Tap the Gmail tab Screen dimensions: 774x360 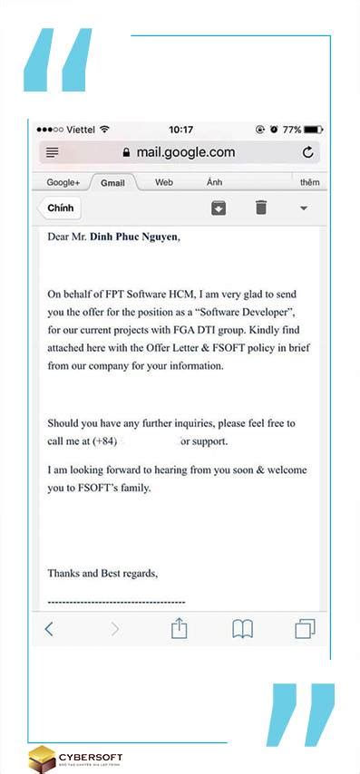click(112, 182)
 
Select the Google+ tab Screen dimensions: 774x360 click(63, 182)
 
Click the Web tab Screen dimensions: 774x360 click(164, 182)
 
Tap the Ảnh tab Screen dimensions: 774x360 click(214, 182)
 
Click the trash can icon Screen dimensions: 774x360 click(261, 208)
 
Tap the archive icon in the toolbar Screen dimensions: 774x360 click(219, 208)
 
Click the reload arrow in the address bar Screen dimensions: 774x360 click(308, 152)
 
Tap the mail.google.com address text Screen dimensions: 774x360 click(185, 152)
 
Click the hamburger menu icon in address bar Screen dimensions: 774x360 click(53, 152)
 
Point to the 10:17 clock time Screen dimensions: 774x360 click(180, 130)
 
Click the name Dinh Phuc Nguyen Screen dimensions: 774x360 click(134, 237)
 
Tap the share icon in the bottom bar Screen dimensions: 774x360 click(180, 628)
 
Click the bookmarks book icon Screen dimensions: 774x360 click(242, 629)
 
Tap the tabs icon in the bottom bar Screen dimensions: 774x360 click(305, 629)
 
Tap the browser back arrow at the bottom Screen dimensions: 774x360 click(50, 629)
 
